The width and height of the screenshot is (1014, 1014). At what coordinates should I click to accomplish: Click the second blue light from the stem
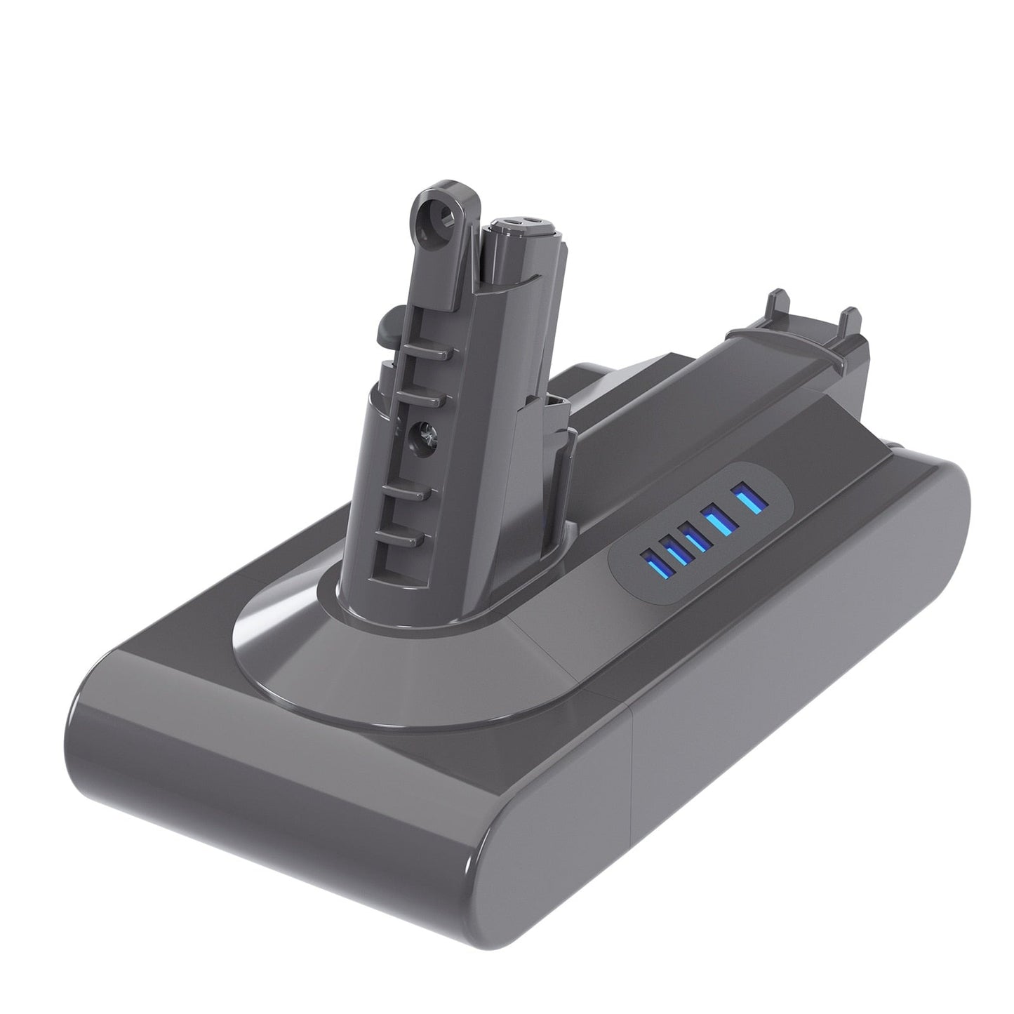point(675,551)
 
